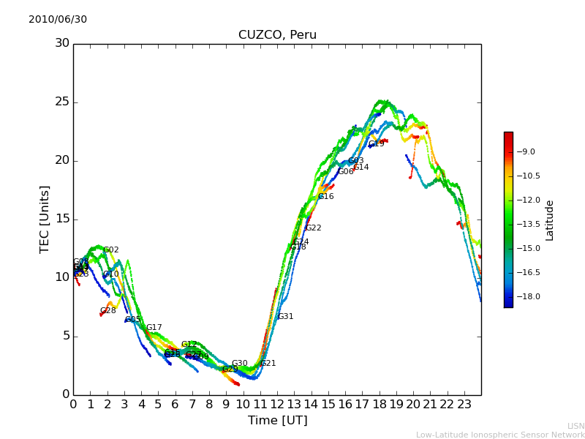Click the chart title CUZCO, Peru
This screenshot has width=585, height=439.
277,35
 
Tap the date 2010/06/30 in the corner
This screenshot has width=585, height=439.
58,20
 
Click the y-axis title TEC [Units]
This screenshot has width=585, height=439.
45,219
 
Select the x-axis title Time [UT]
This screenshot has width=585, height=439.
277,421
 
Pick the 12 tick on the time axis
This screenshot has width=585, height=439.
277,403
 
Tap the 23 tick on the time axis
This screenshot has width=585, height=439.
464,403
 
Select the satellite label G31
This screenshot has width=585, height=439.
285,317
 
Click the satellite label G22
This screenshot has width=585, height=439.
313,228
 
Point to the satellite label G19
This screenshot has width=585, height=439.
376,144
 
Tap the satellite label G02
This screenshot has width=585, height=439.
110,250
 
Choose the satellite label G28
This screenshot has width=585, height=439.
107,311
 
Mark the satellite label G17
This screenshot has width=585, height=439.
154,328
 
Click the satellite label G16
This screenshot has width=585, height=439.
325,197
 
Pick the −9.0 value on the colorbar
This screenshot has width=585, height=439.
526,152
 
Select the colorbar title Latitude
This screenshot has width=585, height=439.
550,219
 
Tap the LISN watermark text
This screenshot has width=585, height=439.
575,426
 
